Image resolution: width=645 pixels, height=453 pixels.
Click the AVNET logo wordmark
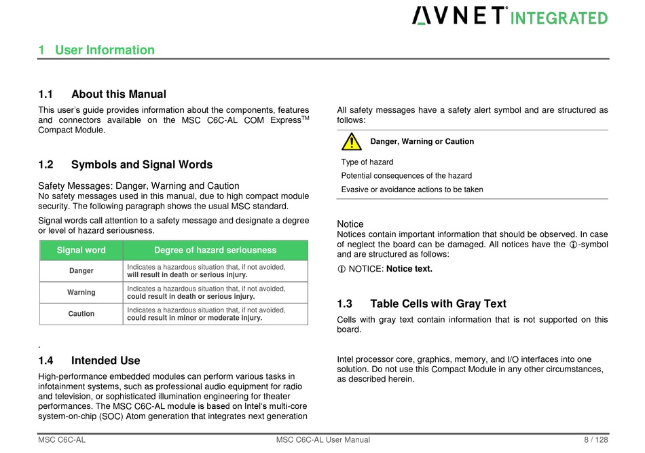click(459, 16)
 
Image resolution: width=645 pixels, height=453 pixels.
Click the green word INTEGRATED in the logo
click(559, 18)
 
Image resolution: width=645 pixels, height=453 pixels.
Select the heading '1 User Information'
click(96, 50)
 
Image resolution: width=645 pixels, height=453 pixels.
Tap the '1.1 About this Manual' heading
click(102, 94)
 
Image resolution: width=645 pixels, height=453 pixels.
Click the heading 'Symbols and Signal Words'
click(142, 164)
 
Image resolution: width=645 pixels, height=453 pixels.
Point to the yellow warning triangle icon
click(351, 141)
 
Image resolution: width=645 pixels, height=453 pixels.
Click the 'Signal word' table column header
click(81, 250)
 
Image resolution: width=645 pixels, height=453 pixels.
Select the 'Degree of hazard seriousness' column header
click(215, 250)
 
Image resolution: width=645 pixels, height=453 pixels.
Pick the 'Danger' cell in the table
click(81, 271)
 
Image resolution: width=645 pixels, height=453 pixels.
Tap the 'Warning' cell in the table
click(81, 292)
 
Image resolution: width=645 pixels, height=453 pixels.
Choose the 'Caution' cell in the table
click(81, 314)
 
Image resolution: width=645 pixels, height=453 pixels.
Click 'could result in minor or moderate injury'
click(194, 318)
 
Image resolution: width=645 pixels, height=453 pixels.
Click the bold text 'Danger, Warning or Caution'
click(422, 141)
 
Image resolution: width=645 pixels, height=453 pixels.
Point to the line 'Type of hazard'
click(367, 162)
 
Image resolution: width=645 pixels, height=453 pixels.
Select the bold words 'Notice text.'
click(409, 269)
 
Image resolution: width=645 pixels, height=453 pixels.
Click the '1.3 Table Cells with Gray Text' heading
click(421, 304)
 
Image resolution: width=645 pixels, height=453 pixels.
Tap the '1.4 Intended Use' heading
click(89, 361)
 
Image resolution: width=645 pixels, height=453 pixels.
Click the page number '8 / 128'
click(596, 440)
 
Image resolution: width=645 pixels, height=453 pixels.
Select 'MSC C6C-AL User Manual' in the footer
click(323, 440)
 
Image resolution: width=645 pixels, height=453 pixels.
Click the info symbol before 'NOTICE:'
click(342, 269)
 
